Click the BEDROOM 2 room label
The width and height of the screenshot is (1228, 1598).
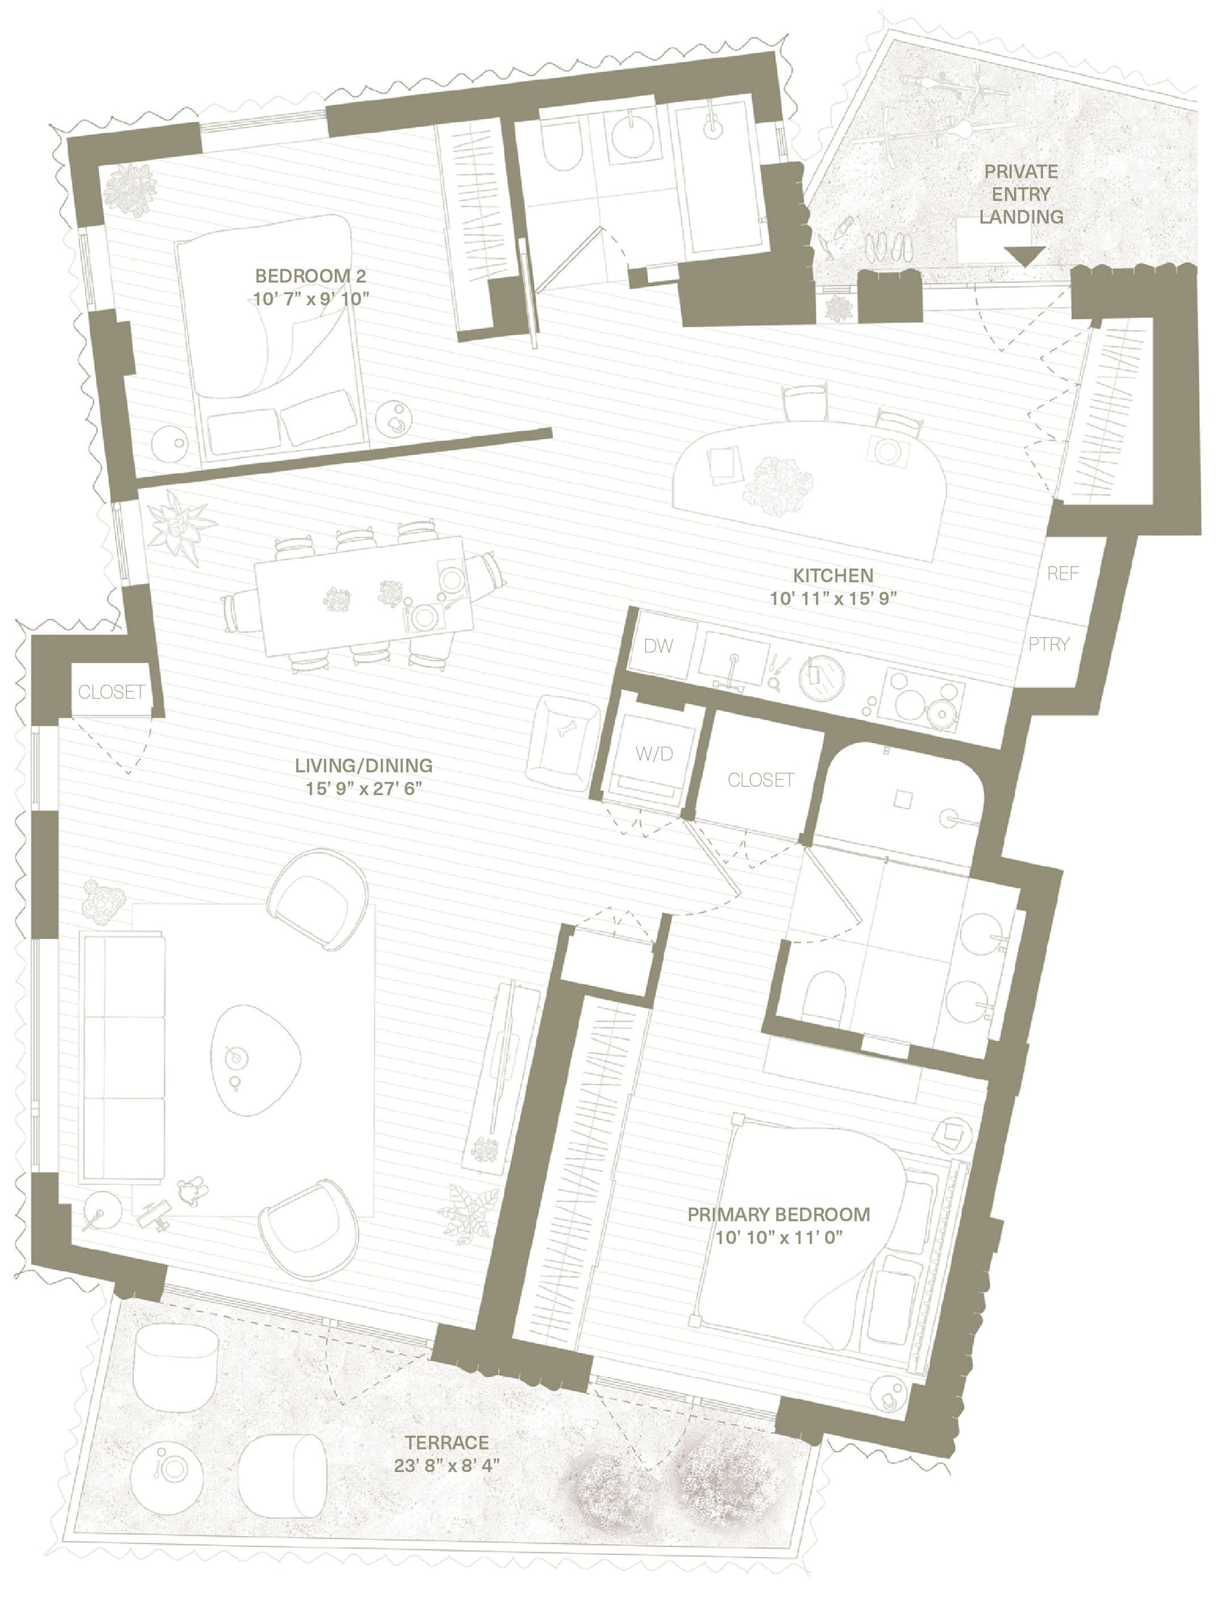click(310, 276)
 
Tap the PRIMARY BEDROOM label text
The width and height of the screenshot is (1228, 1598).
click(778, 1215)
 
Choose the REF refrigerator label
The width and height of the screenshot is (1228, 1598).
click(1062, 574)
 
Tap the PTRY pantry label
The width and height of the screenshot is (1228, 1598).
click(1048, 644)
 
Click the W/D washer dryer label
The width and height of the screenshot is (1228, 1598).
click(654, 754)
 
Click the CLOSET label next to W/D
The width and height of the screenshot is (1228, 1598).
click(760, 780)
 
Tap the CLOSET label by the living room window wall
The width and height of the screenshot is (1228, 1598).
click(111, 691)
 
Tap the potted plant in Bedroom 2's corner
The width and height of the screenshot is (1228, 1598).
click(130, 189)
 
